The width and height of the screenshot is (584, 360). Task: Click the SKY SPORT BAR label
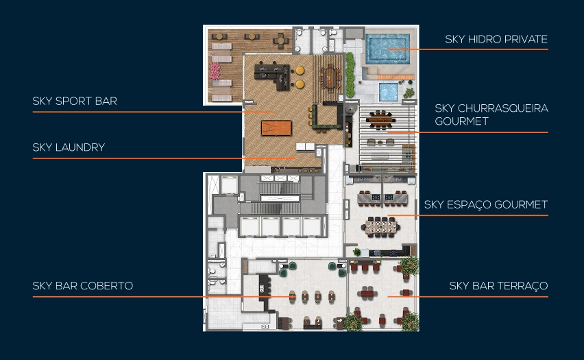[75, 101]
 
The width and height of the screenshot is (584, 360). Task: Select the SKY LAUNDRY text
[69, 147]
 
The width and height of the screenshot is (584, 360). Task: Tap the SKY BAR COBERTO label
[83, 286]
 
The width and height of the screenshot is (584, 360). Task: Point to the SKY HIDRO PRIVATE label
[496, 39]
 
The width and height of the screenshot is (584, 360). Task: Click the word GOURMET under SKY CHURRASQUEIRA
[461, 121]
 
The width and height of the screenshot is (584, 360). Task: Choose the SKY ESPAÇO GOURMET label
[486, 204]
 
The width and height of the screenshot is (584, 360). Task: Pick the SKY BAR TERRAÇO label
[498, 286]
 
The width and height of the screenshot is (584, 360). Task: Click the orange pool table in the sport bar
[276, 128]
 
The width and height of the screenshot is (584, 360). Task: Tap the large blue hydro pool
[387, 48]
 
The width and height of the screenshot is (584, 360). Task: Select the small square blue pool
[389, 92]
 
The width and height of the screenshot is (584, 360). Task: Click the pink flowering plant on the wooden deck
[215, 71]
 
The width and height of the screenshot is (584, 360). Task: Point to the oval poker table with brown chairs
[331, 77]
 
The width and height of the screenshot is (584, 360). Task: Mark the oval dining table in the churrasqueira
[380, 119]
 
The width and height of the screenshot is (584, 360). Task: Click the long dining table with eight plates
[380, 227]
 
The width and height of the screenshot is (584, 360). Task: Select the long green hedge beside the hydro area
[350, 75]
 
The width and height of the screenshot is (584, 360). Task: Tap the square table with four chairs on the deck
[280, 40]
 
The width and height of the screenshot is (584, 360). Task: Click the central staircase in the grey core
[280, 198]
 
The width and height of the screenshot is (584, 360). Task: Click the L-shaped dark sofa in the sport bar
[272, 77]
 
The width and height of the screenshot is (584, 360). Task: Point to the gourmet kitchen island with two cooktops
[382, 198]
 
